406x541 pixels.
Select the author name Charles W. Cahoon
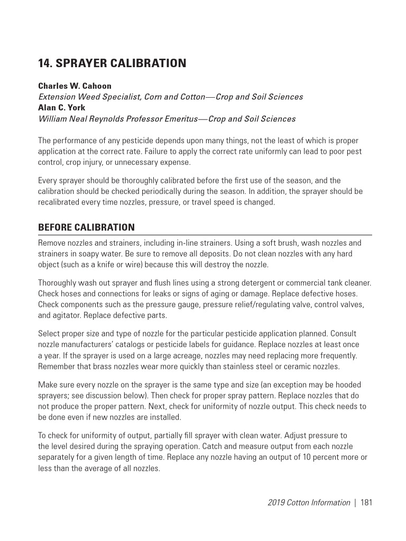pyautogui.click(x=75, y=86)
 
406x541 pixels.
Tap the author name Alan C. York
pyautogui.click(x=61, y=108)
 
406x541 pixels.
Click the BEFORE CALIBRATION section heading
pyautogui.click(x=86, y=228)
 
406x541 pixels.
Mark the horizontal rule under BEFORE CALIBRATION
pyautogui.click(x=205, y=235)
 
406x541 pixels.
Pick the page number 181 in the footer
pyautogui.click(x=366, y=502)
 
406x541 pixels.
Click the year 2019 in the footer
pyautogui.click(x=276, y=502)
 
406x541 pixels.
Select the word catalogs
pyautogui.click(x=129, y=344)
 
